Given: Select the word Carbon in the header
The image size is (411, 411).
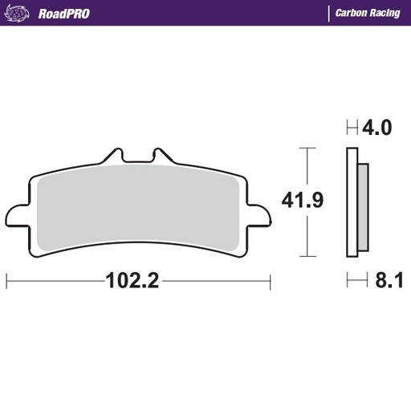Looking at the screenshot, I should click(350, 13).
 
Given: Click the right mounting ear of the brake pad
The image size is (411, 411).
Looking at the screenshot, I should click(260, 217).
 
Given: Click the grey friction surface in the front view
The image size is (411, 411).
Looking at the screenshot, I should click(136, 209).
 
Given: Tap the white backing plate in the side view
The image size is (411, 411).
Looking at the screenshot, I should click(352, 205).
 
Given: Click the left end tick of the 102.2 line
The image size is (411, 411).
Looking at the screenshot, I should click(6, 281).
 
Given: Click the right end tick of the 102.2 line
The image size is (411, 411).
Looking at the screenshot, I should click(269, 281).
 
